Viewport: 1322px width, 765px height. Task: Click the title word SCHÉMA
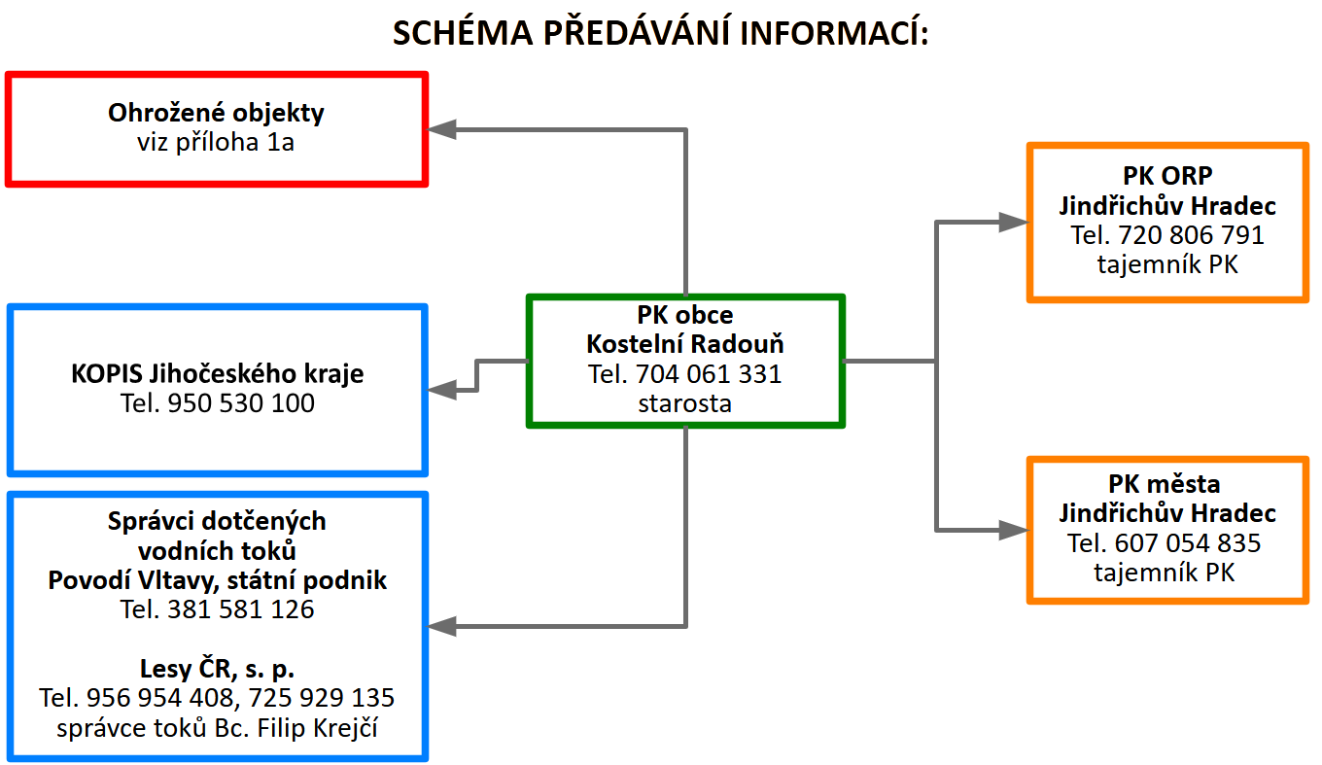tap(463, 32)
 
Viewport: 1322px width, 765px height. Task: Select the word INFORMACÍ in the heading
tap(834, 33)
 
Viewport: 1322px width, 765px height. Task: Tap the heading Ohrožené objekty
tap(216, 113)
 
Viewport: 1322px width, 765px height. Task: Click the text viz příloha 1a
tap(216, 142)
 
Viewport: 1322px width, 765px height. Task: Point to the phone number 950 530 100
tap(241, 403)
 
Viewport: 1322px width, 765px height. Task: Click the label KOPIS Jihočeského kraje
tap(217, 373)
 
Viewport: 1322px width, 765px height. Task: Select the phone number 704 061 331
tap(709, 374)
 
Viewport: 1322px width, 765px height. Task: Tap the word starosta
tap(685, 403)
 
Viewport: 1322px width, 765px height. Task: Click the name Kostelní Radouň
tap(685, 344)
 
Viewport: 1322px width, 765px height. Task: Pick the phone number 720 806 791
tap(1191, 235)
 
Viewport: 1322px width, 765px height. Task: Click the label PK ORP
tap(1167, 175)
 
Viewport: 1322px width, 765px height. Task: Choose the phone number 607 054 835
tap(1188, 543)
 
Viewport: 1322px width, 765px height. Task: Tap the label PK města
tap(1164, 484)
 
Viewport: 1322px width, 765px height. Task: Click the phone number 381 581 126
tap(241, 609)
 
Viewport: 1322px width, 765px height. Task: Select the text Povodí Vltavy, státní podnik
tap(217, 580)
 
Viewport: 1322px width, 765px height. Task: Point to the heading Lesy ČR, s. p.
tap(217, 669)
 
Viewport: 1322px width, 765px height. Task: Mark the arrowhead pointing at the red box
tap(441, 129)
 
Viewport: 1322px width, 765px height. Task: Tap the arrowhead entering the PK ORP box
tap(1013, 222)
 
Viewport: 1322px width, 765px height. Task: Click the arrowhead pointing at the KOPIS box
tap(441, 390)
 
